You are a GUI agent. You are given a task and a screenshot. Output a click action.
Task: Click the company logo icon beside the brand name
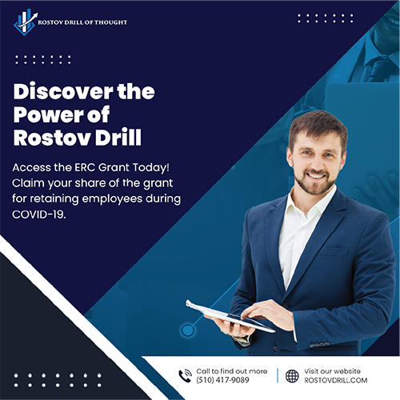tap(26, 22)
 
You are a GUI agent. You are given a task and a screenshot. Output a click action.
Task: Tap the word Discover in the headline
tap(63, 91)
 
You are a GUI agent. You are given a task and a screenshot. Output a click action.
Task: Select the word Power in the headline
tap(48, 114)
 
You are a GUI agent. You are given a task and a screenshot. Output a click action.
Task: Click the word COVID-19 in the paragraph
tap(38, 214)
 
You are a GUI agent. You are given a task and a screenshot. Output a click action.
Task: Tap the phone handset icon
tap(185, 376)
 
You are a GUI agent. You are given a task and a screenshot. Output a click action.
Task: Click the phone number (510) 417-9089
tap(222, 380)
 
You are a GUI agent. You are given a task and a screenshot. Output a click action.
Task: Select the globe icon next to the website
tap(292, 376)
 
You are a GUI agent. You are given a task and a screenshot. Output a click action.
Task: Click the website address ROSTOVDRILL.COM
tap(336, 380)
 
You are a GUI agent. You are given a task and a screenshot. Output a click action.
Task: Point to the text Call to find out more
tap(232, 371)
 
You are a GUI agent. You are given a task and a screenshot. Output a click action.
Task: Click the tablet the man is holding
tap(230, 316)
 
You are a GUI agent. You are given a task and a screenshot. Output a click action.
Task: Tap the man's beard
tap(315, 183)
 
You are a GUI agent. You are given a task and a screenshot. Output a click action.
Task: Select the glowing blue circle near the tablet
tap(188, 330)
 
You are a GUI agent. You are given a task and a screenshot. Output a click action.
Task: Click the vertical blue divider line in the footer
tap(278, 375)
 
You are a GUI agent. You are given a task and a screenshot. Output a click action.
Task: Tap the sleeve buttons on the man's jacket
tap(319, 344)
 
